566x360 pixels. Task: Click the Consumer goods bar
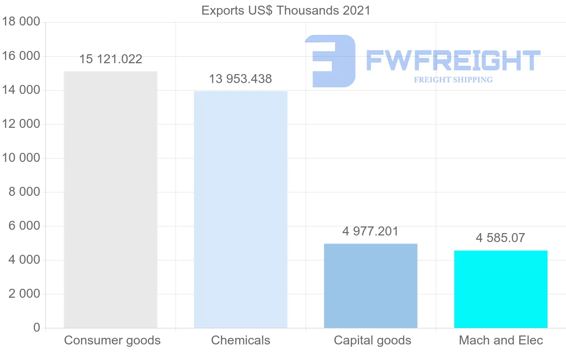[x=110, y=200]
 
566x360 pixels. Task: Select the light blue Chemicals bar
[x=241, y=209]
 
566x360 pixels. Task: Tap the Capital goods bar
[x=371, y=285]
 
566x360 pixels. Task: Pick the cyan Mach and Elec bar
[x=500, y=289]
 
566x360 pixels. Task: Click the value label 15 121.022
[x=110, y=59]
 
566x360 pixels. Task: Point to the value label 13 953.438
[x=241, y=79]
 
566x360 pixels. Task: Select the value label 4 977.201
[x=371, y=232]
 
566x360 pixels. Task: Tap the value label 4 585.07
[x=500, y=238]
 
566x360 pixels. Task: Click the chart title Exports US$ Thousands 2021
[x=286, y=10]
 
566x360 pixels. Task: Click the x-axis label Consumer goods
[x=112, y=340]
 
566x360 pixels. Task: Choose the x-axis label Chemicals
[x=241, y=340]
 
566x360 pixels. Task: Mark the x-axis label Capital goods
[x=373, y=340]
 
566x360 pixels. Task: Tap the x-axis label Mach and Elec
[x=501, y=340]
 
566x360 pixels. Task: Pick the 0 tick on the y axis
[x=37, y=328]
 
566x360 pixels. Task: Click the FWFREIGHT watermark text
[x=453, y=61]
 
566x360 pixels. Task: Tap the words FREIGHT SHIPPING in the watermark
[x=453, y=80]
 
